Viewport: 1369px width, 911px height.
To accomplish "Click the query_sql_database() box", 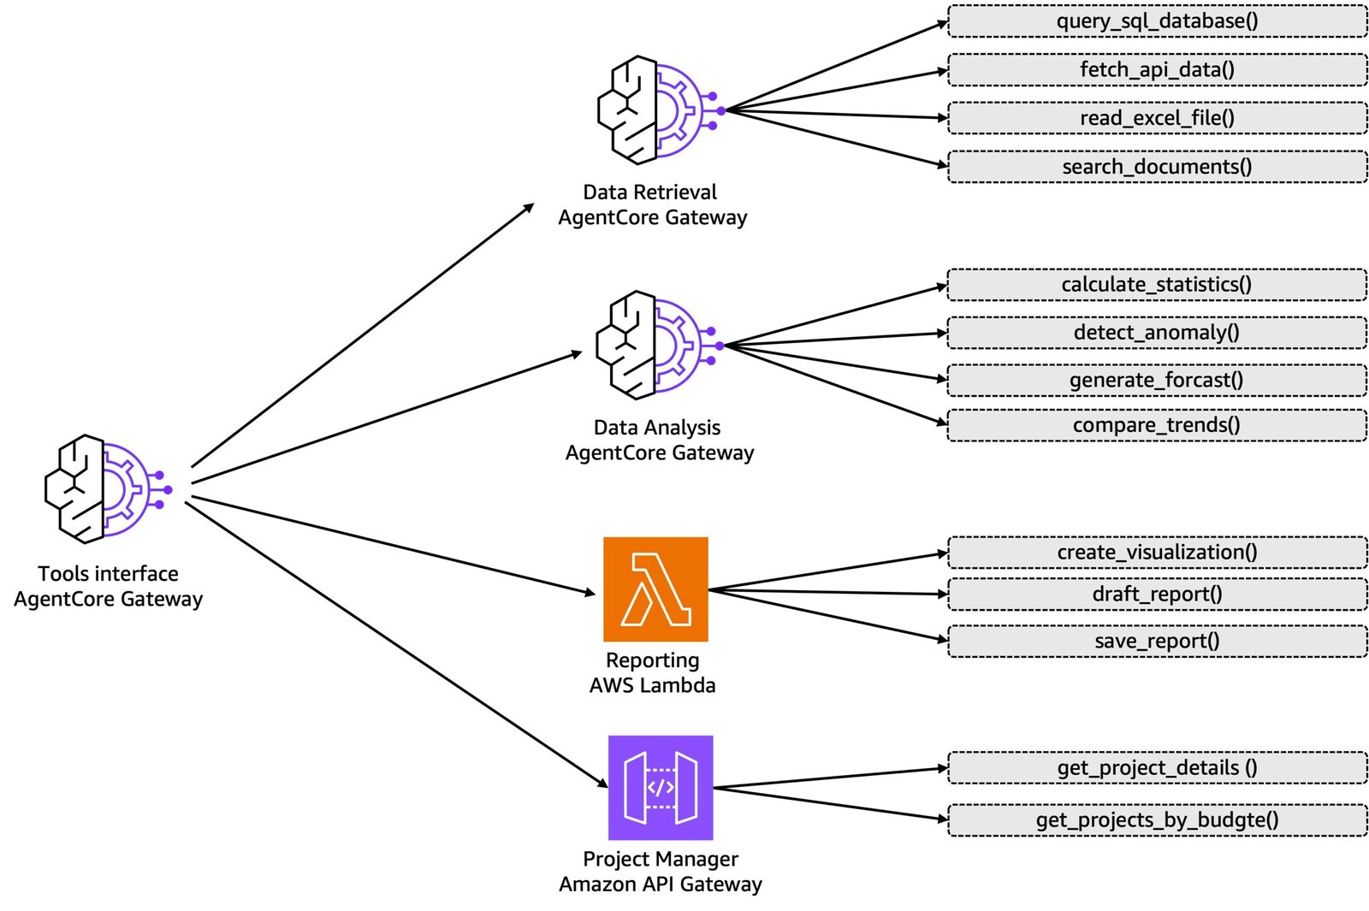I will point(1157,21).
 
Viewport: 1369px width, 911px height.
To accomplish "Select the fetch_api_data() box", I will point(1157,70).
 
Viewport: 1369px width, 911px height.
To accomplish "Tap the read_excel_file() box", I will point(1157,118).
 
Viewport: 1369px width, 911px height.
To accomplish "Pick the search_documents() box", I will point(1157,167).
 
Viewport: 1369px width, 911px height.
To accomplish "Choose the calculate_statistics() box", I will point(1157,285).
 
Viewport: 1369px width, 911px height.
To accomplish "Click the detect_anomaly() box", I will point(1157,333).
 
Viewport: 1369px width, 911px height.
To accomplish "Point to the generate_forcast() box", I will point(1157,381).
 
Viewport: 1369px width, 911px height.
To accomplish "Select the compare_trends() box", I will point(1157,425).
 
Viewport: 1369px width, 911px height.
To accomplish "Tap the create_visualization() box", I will point(1157,553).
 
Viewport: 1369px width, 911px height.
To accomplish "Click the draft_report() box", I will point(1157,595).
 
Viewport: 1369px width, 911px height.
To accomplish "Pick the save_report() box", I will point(1157,642).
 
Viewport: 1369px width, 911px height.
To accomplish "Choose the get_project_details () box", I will point(1157,768).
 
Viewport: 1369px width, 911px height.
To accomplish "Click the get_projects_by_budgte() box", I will point(1157,820).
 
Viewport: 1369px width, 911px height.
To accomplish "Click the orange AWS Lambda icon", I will point(655,589).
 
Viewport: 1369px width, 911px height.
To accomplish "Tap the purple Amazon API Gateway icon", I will point(660,788).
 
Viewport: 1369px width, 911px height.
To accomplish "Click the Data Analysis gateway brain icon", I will point(655,346).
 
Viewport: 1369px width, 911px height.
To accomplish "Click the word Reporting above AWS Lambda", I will point(652,660).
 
